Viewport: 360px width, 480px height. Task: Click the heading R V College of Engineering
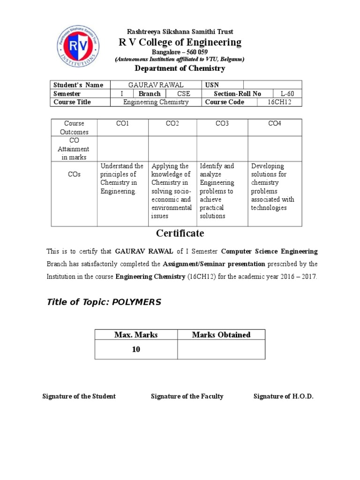pyautogui.click(x=180, y=42)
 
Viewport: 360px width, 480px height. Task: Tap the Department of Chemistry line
pyautogui.click(x=180, y=68)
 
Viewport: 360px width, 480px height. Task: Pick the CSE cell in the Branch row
pyautogui.click(x=183, y=94)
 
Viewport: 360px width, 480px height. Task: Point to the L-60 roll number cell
pyautogui.click(x=287, y=94)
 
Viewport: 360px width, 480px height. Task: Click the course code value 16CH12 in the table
pyautogui.click(x=279, y=102)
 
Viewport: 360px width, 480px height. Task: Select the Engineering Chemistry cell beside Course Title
pyautogui.click(x=156, y=102)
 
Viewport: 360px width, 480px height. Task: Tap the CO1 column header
pyautogui.click(x=122, y=123)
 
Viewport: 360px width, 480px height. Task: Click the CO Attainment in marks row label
pyautogui.click(x=74, y=149)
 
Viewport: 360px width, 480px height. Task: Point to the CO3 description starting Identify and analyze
pyautogui.click(x=222, y=191)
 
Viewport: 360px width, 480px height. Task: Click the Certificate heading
pyautogui.click(x=180, y=233)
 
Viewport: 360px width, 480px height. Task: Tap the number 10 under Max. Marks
pyautogui.click(x=136, y=349)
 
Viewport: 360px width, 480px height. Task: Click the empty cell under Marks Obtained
pyautogui.click(x=221, y=349)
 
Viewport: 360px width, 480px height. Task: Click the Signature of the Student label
pyautogui.click(x=79, y=397)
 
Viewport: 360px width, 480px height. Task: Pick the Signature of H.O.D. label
pyautogui.click(x=283, y=397)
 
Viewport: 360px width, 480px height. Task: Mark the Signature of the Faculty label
pyautogui.click(x=187, y=397)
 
